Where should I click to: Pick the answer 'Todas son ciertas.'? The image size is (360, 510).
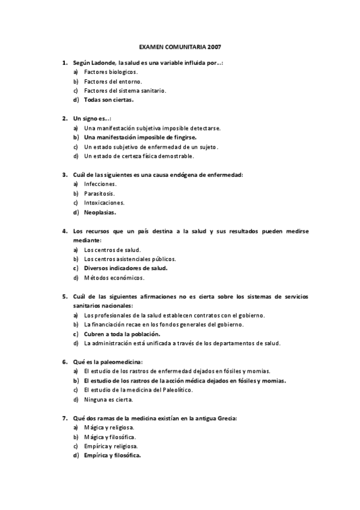click(x=109, y=100)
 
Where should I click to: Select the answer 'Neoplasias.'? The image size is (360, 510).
click(x=100, y=212)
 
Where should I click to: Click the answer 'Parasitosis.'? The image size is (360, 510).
click(x=99, y=193)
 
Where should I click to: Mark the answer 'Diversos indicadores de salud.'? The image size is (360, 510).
click(x=126, y=268)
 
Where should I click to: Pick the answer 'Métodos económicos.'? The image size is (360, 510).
click(x=114, y=277)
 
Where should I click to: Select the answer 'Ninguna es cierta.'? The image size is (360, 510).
click(x=109, y=399)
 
